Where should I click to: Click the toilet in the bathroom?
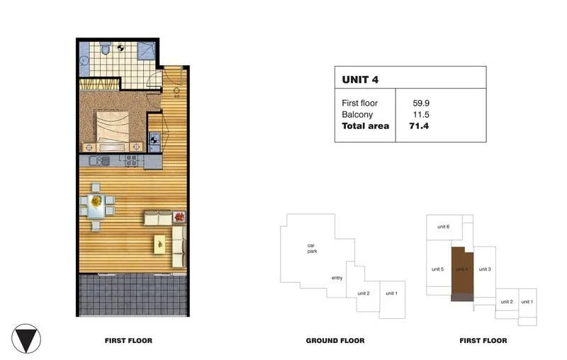105,49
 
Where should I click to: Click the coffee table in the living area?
161,243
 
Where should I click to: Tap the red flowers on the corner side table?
179,217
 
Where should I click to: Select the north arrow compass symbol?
27,339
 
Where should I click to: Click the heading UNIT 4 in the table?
360,79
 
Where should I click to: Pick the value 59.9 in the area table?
421,103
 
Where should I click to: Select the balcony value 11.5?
421,115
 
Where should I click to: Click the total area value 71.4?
421,126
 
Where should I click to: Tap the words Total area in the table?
365,126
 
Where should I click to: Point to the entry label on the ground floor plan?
337,278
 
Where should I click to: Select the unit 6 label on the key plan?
443,226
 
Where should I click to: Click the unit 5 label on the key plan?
437,269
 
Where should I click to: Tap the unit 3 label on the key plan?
485,269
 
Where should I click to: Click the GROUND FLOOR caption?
335,341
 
